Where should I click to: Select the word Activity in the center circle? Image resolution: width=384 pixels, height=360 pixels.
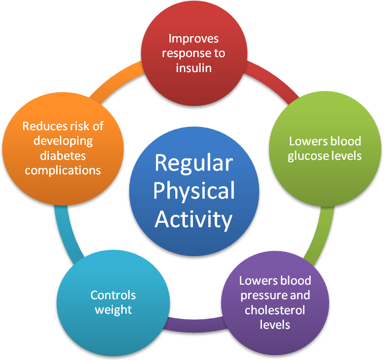point(194,220)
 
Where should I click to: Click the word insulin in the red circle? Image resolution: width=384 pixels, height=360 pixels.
point(194,68)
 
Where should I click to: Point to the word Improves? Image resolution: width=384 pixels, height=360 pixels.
point(194,39)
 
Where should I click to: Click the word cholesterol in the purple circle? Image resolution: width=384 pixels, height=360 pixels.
point(275,310)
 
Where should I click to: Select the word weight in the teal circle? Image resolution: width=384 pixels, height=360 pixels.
point(113,310)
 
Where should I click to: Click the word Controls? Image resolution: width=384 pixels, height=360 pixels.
point(113,295)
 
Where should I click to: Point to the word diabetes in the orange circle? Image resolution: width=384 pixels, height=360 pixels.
point(63,156)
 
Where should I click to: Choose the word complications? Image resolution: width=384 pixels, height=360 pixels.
point(63,171)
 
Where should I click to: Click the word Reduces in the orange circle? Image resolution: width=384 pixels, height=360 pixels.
point(44,126)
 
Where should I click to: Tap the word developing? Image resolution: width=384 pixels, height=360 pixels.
point(63,142)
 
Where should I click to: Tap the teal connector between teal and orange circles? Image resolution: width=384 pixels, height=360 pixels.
point(67,233)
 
